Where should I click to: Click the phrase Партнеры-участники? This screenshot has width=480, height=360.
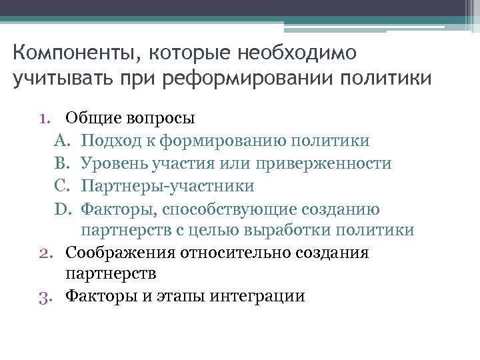click(x=167, y=186)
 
